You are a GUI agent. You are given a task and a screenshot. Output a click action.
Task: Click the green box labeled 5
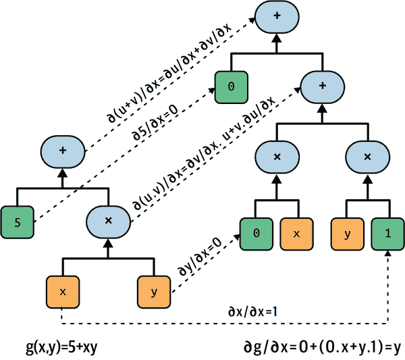coord(18,222)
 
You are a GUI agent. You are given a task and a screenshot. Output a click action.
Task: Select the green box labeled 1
coord(387,234)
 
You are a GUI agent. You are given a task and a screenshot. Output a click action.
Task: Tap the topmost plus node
coord(277,17)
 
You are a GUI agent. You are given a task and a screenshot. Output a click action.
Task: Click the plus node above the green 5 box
coord(63,151)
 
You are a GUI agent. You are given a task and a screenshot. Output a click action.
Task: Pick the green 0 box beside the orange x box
coord(256,234)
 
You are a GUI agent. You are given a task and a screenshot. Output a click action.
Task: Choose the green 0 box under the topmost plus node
coord(232,87)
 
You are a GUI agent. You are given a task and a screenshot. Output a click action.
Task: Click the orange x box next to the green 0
coord(297,234)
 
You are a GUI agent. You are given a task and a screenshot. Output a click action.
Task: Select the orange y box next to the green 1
coord(348,234)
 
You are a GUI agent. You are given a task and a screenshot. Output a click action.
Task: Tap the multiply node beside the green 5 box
coord(108,222)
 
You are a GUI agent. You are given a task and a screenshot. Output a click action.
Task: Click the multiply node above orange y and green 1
coord(368,157)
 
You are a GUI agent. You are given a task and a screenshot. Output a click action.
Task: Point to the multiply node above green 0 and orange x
coord(277,157)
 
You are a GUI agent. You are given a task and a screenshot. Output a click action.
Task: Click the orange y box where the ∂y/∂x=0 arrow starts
coord(154,292)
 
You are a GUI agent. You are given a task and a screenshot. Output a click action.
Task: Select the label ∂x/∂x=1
coord(252,311)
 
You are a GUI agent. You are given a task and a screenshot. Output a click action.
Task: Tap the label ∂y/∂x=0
coord(200,257)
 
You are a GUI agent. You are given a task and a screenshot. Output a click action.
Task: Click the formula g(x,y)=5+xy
coord(61,348)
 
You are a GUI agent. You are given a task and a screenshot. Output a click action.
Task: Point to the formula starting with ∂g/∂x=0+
coord(322,348)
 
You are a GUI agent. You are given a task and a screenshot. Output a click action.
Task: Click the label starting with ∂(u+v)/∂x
coord(169,74)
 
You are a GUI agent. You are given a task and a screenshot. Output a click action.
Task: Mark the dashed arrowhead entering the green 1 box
coord(388,253)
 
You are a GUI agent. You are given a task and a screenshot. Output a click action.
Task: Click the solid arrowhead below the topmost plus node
coord(277,38)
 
